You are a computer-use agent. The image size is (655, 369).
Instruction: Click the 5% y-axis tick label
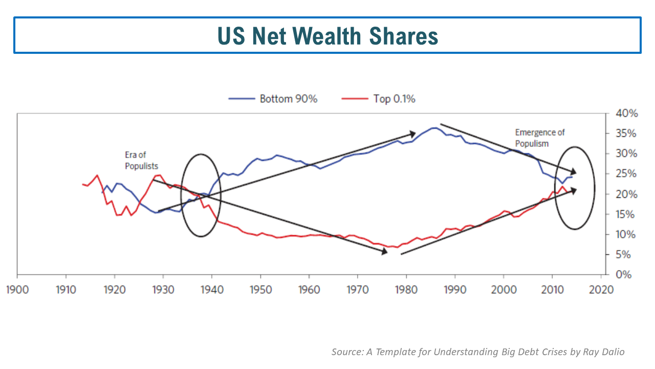pos(617,255)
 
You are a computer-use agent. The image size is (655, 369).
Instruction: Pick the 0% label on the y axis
pos(617,275)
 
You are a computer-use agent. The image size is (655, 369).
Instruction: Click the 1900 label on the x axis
pos(17,290)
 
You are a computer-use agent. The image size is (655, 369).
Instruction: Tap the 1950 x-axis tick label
pos(260,290)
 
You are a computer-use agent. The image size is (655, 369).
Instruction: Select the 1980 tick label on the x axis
pos(406,290)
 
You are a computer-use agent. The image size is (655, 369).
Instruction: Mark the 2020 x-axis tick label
pos(601,290)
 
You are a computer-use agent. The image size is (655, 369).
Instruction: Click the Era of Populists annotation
pos(141,160)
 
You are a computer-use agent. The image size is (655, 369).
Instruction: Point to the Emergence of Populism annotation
pos(539,138)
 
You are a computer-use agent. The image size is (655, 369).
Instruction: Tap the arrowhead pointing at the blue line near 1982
pos(412,134)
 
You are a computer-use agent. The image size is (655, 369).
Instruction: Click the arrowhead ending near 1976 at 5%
pos(383,251)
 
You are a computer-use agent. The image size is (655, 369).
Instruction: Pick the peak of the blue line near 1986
pos(434,128)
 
